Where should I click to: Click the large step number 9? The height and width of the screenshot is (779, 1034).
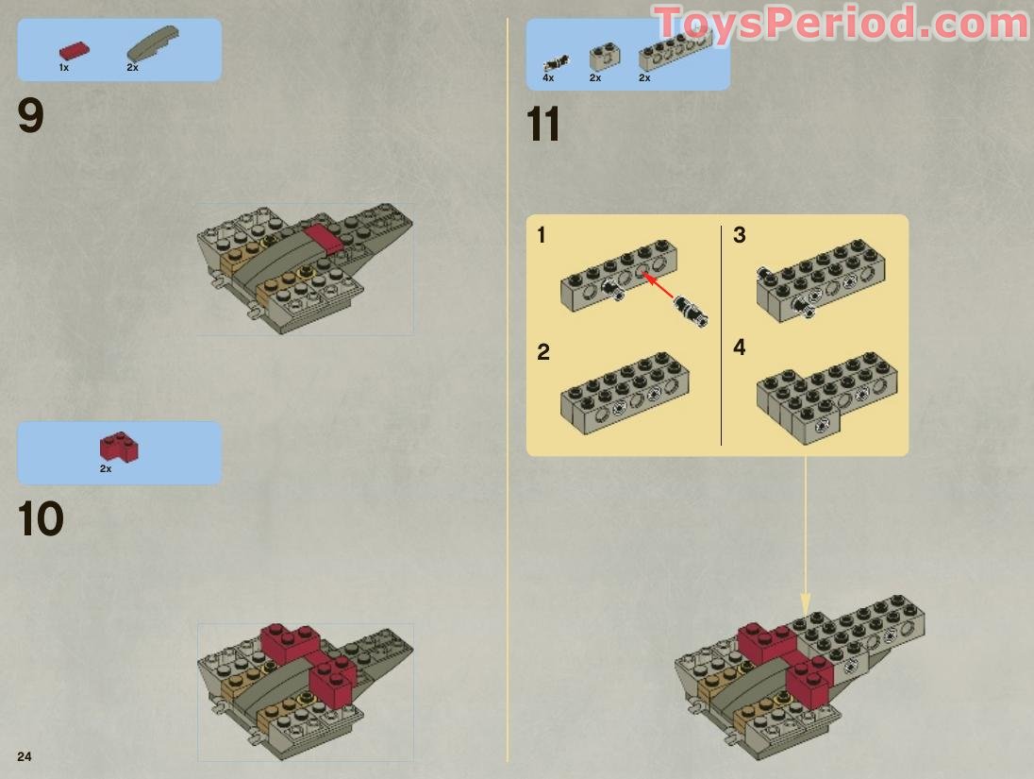click(30, 116)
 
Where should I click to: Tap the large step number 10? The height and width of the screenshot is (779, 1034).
click(41, 519)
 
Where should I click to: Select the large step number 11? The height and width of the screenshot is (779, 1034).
click(543, 125)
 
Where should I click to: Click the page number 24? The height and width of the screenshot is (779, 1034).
click(25, 756)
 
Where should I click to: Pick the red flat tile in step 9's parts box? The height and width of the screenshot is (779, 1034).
click(74, 51)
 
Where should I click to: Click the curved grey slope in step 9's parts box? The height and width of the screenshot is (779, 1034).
click(152, 42)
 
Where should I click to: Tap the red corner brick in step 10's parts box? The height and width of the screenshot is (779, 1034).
click(119, 447)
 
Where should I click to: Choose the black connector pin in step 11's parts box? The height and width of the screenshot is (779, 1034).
click(556, 63)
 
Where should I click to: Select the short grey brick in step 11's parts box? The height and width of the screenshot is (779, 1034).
click(604, 58)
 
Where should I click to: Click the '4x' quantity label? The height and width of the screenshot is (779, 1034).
click(548, 77)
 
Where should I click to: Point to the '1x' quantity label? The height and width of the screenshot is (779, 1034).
click(64, 67)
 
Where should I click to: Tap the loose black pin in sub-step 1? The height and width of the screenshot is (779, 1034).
click(692, 311)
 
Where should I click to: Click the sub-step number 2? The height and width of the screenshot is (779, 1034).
click(542, 352)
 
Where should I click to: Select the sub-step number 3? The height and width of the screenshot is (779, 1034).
click(740, 235)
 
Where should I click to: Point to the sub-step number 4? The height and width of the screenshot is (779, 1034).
click(740, 347)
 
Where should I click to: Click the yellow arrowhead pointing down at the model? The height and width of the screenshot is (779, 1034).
click(805, 603)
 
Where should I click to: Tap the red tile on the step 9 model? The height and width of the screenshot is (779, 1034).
click(323, 238)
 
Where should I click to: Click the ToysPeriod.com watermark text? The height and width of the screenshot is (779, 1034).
click(842, 24)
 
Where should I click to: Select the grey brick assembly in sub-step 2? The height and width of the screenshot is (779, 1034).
click(625, 393)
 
